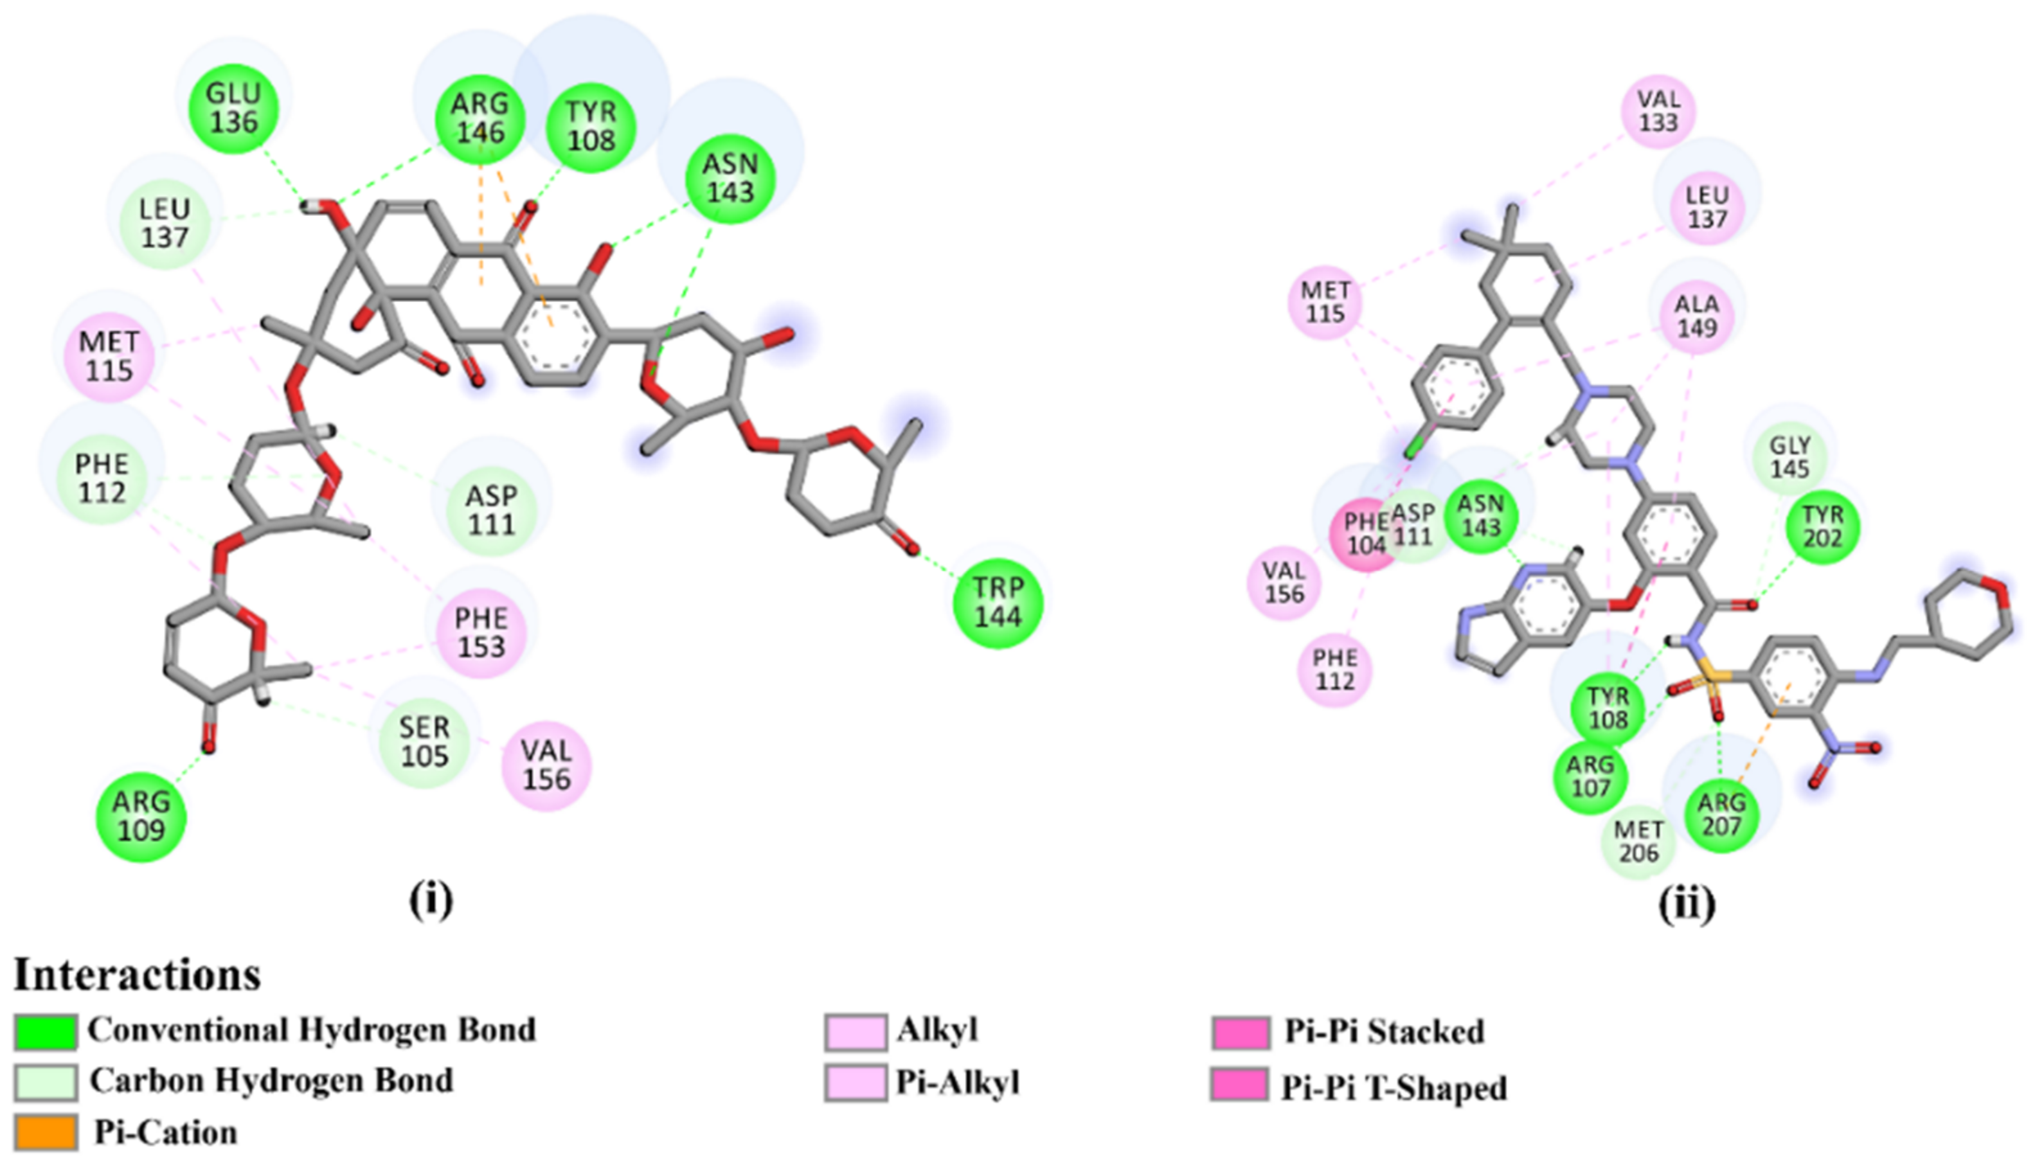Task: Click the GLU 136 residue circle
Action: click(233, 108)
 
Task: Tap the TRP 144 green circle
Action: click(998, 603)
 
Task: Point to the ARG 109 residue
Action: click(141, 816)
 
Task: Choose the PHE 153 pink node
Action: click(481, 632)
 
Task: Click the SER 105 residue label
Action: click(424, 742)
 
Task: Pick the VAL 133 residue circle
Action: click(1658, 111)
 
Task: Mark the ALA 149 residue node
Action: click(1697, 316)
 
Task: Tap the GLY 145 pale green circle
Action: click(1790, 457)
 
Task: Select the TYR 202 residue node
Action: click(1823, 526)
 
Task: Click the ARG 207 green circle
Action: click(1721, 814)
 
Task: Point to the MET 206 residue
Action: click(1638, 841)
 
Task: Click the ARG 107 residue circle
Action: click(1591, 776)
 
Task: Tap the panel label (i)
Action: click(431, 901)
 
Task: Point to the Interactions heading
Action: click(137, 975)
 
